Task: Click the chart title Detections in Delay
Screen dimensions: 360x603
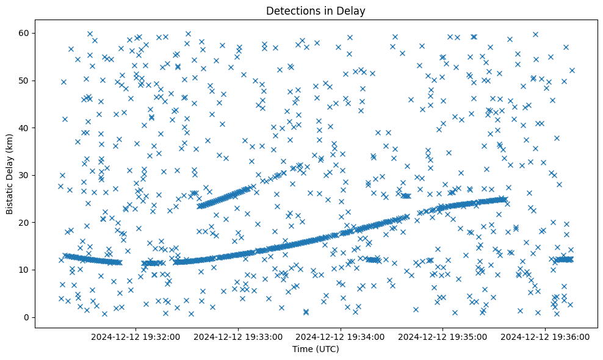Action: [316, 11]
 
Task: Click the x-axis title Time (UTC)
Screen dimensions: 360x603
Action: [316, 349]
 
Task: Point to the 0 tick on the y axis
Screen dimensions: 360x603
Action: [27, 317]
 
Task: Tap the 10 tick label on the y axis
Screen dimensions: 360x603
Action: [24, 270]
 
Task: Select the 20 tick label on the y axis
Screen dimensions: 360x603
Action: [24, 222]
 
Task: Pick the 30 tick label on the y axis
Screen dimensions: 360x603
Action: [24, 175]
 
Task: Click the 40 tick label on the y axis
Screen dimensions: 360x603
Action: [24, 128]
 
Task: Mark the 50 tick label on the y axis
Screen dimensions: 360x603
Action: [24, 81]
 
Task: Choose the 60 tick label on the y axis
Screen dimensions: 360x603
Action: [24, 33]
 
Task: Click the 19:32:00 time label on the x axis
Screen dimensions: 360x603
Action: [135, 336]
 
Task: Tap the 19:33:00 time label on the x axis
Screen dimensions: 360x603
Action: [237, 336]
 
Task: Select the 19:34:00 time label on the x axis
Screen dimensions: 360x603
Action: [340, 336]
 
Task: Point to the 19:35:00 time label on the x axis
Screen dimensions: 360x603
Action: [442, 336]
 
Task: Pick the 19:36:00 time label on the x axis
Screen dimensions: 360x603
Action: [545, 336]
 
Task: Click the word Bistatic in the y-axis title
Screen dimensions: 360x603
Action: [10, 195]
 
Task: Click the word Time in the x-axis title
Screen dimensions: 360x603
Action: [302, 349]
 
